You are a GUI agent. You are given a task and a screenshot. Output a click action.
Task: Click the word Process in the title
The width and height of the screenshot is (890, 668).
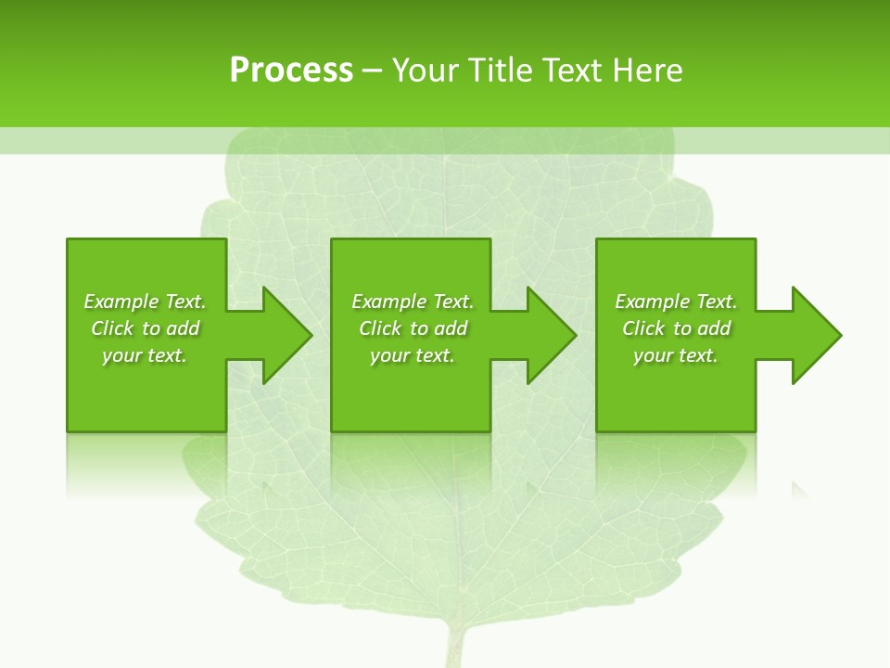(291, 71)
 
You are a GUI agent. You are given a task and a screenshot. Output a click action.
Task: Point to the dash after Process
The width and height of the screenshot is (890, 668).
(372, 71)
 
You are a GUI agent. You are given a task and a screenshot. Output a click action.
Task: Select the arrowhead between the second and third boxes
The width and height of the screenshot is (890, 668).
(552, 335)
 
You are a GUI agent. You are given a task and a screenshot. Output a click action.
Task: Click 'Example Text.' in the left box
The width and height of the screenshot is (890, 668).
(145, 302)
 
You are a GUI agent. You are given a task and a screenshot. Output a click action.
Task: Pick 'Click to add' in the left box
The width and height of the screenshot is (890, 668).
(145, 328)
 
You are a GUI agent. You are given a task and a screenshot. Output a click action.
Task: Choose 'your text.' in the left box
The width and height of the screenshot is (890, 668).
(145, 355)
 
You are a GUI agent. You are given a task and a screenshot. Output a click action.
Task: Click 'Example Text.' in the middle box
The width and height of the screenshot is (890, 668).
(413, 302)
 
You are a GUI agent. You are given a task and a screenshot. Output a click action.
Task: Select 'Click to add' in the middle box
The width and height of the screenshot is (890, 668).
(413, 328)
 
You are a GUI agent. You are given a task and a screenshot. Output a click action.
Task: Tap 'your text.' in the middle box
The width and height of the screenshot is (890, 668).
(413, 355)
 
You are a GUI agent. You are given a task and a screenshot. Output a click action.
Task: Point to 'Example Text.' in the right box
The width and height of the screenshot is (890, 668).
(676, 302)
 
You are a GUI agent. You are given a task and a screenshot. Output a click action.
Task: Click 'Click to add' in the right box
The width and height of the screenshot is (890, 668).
(676, 328)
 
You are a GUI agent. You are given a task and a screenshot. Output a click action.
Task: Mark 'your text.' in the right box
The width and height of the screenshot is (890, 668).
(676, 355)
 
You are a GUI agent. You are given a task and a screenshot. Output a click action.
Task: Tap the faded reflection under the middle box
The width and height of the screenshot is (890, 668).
(411, 459)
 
